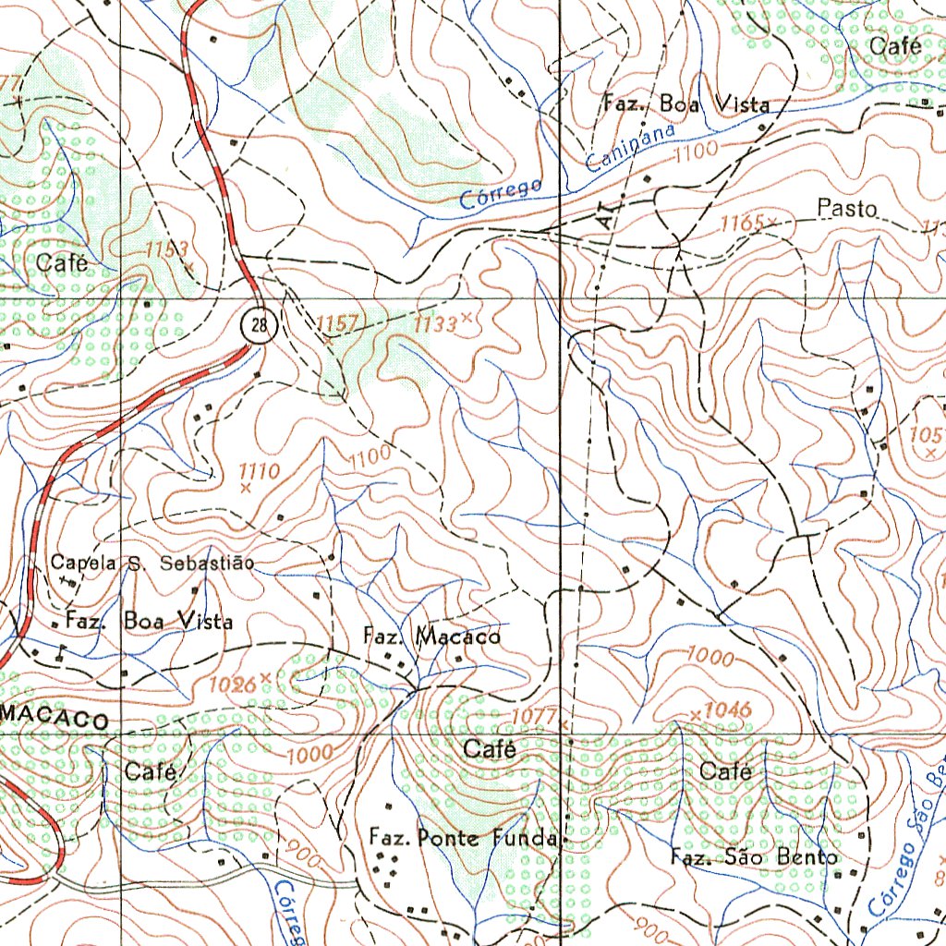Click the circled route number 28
[262, 324]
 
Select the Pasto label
[847, 209]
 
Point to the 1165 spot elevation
[744, 223]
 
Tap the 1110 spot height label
[259, 471]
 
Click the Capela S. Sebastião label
[152, 563]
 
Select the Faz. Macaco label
[431, 637]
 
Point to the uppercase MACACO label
[55, 718]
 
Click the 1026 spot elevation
[232, 685]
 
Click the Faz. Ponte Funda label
[464, 838]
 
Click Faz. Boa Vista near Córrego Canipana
[685, 103]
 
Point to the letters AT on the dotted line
[605, 215]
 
